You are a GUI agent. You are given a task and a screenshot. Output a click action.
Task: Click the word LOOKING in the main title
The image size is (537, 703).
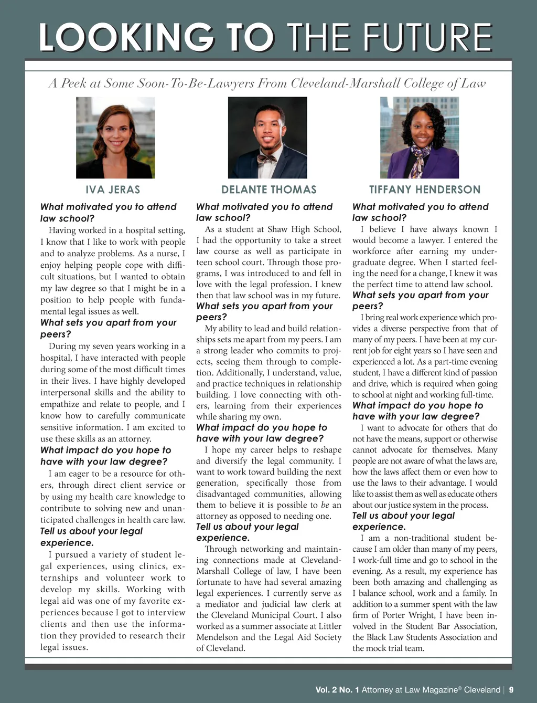(126, 37)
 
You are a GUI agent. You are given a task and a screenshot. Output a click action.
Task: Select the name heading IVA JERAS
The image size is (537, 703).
(113, 190)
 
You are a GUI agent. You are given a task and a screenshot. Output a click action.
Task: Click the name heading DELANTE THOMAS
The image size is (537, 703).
(269, 190)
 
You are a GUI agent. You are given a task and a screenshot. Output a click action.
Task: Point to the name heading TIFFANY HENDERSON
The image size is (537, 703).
(425, 190)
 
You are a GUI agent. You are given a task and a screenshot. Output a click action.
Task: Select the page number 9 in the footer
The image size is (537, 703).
(511, 690)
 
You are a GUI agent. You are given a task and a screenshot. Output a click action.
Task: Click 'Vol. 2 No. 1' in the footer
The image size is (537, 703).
(337, 690)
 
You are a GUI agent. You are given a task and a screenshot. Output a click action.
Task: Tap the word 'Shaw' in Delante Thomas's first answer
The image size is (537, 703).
(278, 229)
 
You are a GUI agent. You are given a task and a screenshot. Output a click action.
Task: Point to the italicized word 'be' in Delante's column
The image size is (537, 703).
(325, 505)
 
